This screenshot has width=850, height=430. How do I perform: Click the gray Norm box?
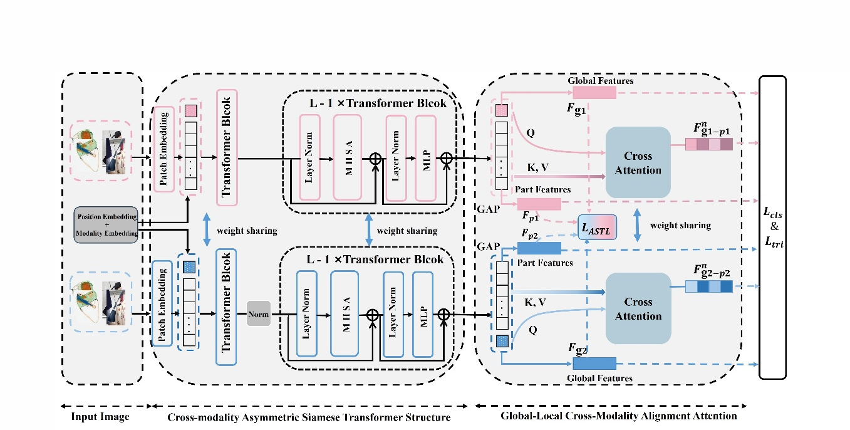coord(258,313)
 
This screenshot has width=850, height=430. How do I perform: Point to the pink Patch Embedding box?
coord(163,149)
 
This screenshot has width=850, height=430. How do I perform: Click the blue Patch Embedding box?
coord(162,304)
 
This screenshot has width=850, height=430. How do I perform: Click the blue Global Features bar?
coord(594,364)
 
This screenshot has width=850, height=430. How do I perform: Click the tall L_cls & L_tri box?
coord(772,228)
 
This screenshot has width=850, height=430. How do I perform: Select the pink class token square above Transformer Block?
coord(190,110)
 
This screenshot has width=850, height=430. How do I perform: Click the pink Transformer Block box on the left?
coord(227,147)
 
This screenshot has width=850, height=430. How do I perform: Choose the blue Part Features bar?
coord(539,248)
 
